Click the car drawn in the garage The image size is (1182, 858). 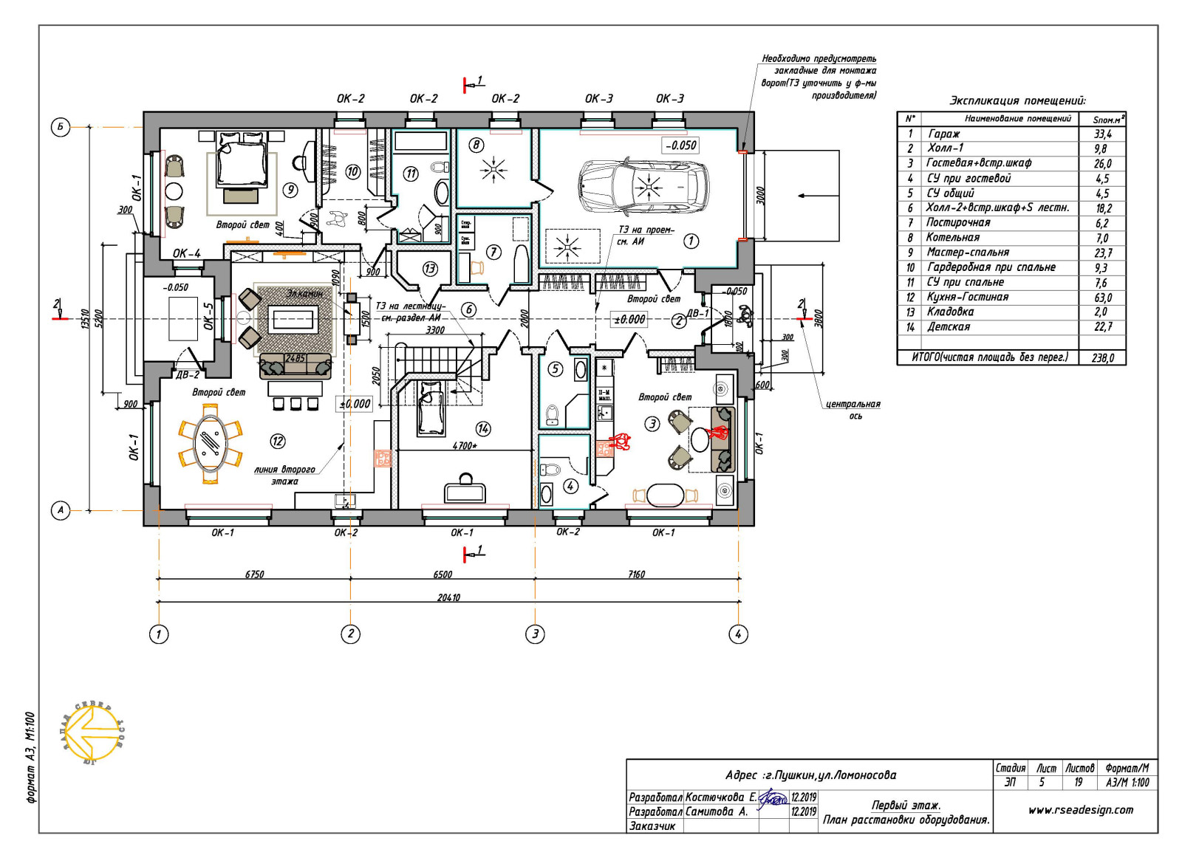[642, 185]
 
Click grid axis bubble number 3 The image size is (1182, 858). [535, 634]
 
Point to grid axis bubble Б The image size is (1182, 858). [61, 127]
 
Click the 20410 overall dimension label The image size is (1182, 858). [448, 597]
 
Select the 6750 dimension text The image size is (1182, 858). [254, 574]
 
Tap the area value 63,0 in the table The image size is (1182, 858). [1102, 298]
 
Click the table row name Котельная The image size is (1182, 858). [953, 238]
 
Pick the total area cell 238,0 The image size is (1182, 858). [1102, 358]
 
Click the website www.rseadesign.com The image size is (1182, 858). [1080, 810]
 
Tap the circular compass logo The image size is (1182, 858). [93, 733]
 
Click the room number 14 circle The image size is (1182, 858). [483, 428]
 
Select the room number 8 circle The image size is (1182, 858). [476, 145]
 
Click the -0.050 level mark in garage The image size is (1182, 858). [680, 145]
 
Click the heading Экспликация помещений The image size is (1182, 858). [1017, 101]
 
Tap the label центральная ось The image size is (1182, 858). [853, 410]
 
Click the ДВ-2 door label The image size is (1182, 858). [188, 374]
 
